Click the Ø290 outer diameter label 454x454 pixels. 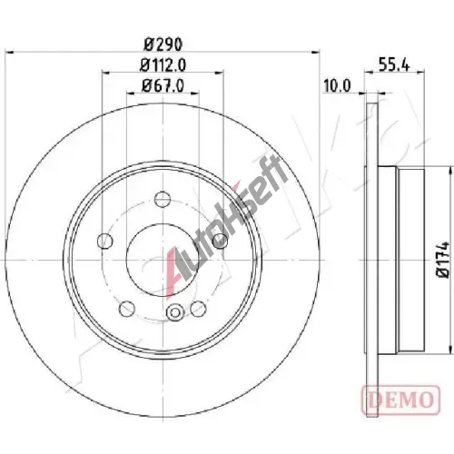(163, 44)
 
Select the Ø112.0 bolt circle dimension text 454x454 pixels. (163, 65)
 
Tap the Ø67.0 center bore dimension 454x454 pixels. (163, 85)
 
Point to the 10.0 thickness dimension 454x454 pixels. (337, 85)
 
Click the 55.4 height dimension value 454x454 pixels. (394, 64)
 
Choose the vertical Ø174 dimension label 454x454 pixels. (442, 259)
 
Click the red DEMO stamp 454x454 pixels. (401, 400)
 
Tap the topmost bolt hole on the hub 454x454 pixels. (163, 199)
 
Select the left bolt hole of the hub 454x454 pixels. (105, 241)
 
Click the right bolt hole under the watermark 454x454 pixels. (220, 241)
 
